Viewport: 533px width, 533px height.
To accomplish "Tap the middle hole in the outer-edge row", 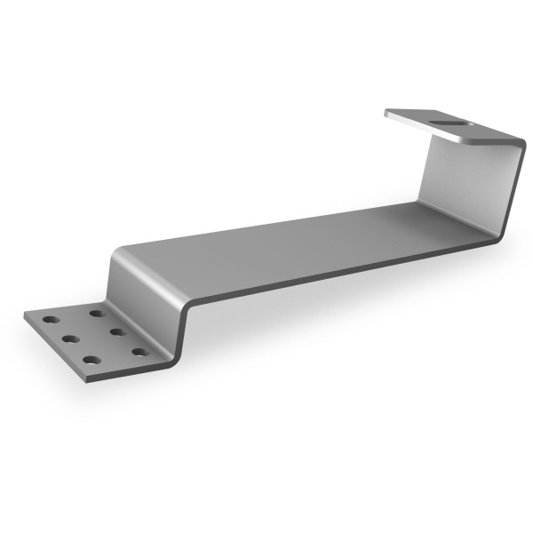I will click(x=66, y=338).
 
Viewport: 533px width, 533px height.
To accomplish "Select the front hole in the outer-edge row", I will click(x=90, y=360).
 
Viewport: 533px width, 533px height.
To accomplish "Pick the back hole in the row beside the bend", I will click(x=94, y=313).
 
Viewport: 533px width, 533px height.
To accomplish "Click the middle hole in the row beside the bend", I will click(x=115, y=331).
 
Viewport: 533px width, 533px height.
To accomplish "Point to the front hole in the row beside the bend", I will click(x=139, y=352).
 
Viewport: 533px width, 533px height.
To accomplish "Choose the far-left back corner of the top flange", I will click(x=387, y=113).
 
